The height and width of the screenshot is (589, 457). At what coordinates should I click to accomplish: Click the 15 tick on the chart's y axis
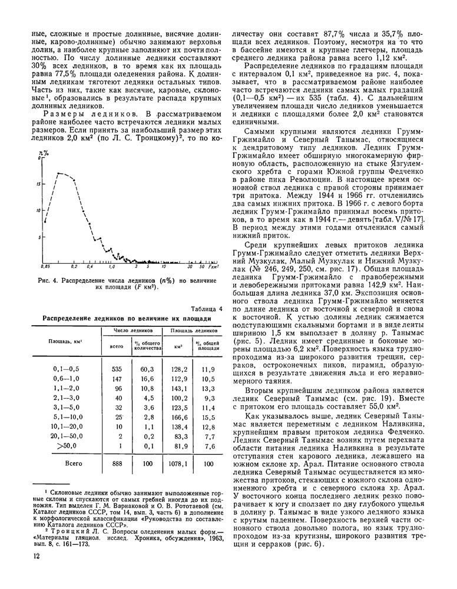point(38,184)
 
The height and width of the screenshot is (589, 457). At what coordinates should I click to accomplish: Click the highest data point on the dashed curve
point(58,173)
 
